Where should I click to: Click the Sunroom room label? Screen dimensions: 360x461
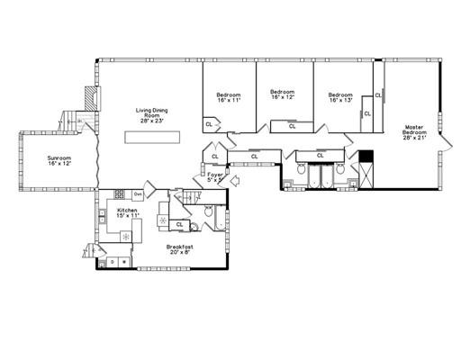59,162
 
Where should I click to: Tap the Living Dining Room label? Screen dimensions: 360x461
152,115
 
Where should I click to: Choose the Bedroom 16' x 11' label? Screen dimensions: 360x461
228,97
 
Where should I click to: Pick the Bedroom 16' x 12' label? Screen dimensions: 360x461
284,94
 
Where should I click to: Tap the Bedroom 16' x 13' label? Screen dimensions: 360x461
340,97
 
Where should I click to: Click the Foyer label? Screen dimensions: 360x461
215,178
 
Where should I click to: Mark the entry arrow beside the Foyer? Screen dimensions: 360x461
235,181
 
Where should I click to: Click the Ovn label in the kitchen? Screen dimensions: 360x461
139,194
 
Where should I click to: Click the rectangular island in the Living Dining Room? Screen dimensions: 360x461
155,137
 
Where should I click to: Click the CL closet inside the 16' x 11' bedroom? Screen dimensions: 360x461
209,125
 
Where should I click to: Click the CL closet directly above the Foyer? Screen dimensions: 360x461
215,157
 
